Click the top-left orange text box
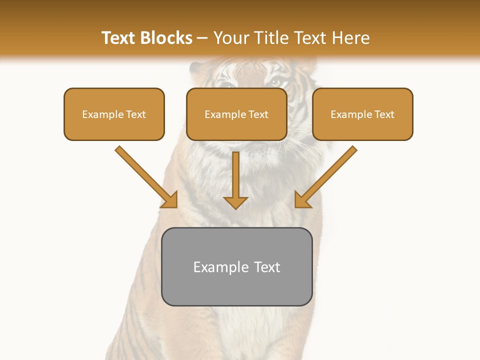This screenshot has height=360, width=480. pyautogui.click(x=114, y=114)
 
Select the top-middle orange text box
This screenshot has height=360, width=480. pyautogui.click(x=236, y=114)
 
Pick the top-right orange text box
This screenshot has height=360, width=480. pyautogui.click(x=362, y=114)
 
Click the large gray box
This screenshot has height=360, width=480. pyautogui.click(x=236, y=266)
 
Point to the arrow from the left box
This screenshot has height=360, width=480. pyautogui.click(x=145, y=175)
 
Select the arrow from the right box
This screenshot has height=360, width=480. pyautogui.click(x=327, y=175)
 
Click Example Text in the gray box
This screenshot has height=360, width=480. pyautogui.click(x=236, y=267)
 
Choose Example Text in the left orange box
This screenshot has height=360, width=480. pyautogui.click(x=114, y=114)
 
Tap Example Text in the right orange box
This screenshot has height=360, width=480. pyautogui.click(x=362, y=114)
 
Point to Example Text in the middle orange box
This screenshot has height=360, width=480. pyautogui.click(x=236, y=114)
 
